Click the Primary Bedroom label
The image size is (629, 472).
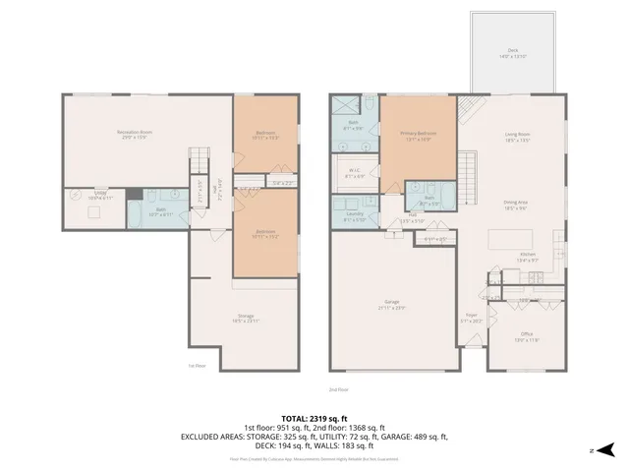pyautogui.click(x=418, y=135)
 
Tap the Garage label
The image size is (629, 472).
pyautogui.click(x=391, y=306)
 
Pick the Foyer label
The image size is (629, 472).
pyautogui.click(x=472, y=318)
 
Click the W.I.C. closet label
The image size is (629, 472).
pyautogui.click(x=355, y=172)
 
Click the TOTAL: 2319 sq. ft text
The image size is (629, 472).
pyautogui.click(x=314, y=417)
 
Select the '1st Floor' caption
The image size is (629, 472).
pyautogui.click(x=198, y=365)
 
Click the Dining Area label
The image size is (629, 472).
pyautogui.click(x=517, y=205)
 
